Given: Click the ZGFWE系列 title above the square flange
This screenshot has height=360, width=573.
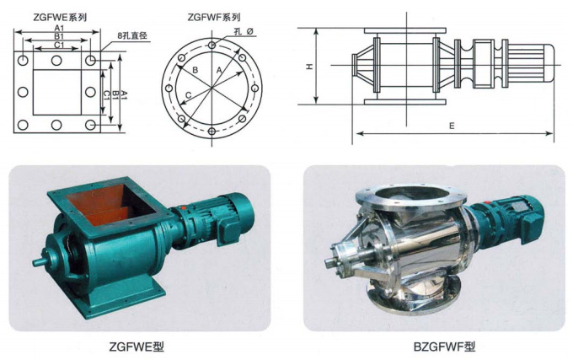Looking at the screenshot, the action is coord(60,17).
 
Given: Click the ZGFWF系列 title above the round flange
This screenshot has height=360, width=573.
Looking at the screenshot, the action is coord(214,17).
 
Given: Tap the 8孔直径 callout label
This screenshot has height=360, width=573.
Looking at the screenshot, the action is coord(132,35).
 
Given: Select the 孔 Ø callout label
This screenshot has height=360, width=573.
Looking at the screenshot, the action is coord(244,31).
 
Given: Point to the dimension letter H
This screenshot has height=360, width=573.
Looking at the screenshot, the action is coord(309,66).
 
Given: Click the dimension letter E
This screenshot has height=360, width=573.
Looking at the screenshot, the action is coord(452,126).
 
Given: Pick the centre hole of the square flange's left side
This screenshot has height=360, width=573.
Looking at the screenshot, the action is coord(23,92).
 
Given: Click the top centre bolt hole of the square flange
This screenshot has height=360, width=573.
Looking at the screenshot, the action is coord(56,61).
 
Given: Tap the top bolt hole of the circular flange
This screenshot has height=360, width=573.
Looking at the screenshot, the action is coord(212,46).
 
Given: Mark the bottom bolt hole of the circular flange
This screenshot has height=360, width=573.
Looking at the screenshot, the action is coord(212,132).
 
